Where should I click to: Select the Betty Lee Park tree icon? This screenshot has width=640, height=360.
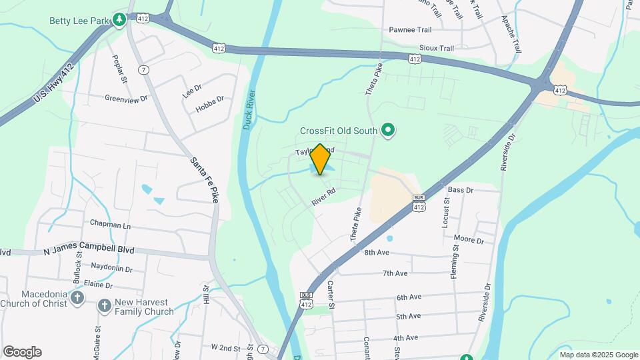click(119, 19)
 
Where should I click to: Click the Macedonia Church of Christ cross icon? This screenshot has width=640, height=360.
click(77, 297)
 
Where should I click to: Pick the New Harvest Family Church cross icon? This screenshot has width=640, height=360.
click(104, 306)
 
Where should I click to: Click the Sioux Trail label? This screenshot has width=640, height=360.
click(437, 48)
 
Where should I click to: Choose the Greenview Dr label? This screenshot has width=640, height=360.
click(126, 98)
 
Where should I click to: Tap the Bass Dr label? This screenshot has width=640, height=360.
click(460, 190)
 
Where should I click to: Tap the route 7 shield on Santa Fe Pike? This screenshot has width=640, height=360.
click(143, 69)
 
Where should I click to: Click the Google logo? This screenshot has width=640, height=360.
click(22, 352)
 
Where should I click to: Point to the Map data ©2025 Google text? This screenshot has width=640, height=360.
click(598, 355)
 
